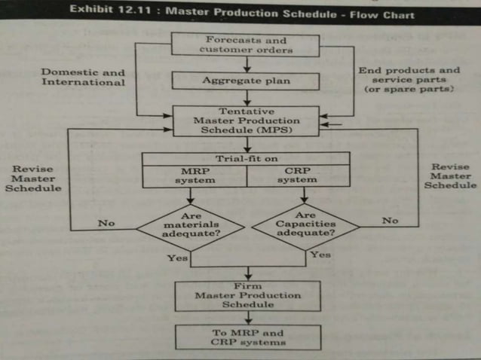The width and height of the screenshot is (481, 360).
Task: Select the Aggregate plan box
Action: pyautogui.click(x=247, y=80)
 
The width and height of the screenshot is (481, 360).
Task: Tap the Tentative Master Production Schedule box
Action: pyautogui.click(x=247, y=121)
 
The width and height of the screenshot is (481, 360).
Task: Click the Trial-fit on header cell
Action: pyautogui.click(x=247, y=158)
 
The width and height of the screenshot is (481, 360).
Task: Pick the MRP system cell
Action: pyautogui.click(x=195, y=175)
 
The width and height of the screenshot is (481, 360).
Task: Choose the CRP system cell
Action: pyautogui.click(x=299, y=175)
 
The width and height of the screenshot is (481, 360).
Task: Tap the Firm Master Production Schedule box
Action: pyautogui.click(x=247, y=295)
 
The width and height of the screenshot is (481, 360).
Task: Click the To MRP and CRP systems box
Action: pyautogui.click(x=247, y=337)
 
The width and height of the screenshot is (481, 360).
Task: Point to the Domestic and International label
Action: pyautogui.click(x=83, y=77)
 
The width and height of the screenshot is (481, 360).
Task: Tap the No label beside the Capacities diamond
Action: pyautogui.click(x=389, y=221)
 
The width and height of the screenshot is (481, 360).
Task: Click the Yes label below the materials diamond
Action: pyautogui.click(x=178, y=258)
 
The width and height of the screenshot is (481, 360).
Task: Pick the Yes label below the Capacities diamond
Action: pyautogui.click(x=320, y=255)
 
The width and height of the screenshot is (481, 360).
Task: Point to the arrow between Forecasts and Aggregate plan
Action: pyautogui.click(x=247, y=63)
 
